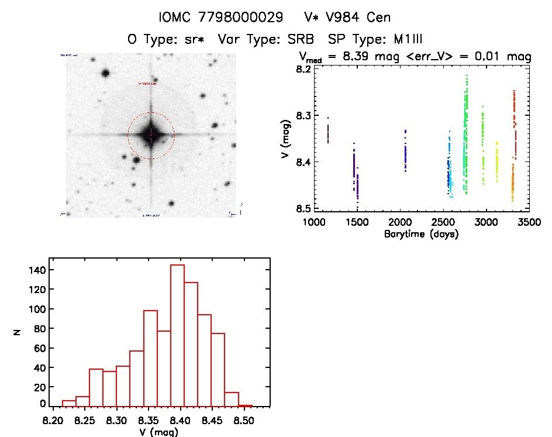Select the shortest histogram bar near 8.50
click(x=246, y=405)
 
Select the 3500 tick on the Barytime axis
click(x=529, y=222)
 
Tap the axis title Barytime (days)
click(x=421, y=234)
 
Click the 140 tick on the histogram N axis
click(x=36, y=270)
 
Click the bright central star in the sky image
click(x=151, y=135)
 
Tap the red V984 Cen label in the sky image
click(x=147, y=84)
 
